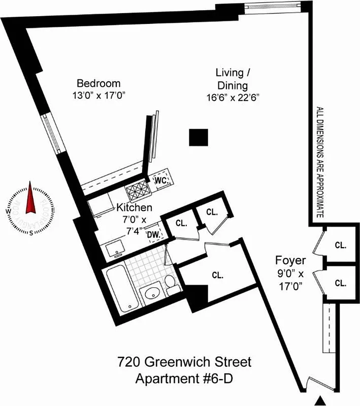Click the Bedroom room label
(x=99, y=83)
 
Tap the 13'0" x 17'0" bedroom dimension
(x=99, y=95)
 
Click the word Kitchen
(x=134, y=208)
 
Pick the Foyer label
(x=290, y=261)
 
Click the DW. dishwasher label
(x=154, y=234)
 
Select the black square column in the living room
(x=199, y=137)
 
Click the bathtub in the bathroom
(x=122, y=289)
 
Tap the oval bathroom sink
(x=152, y=294)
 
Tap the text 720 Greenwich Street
(x=184, y=363)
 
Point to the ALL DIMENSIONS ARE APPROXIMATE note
(x=320, y=162)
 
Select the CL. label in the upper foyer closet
(x=341, y=245)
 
